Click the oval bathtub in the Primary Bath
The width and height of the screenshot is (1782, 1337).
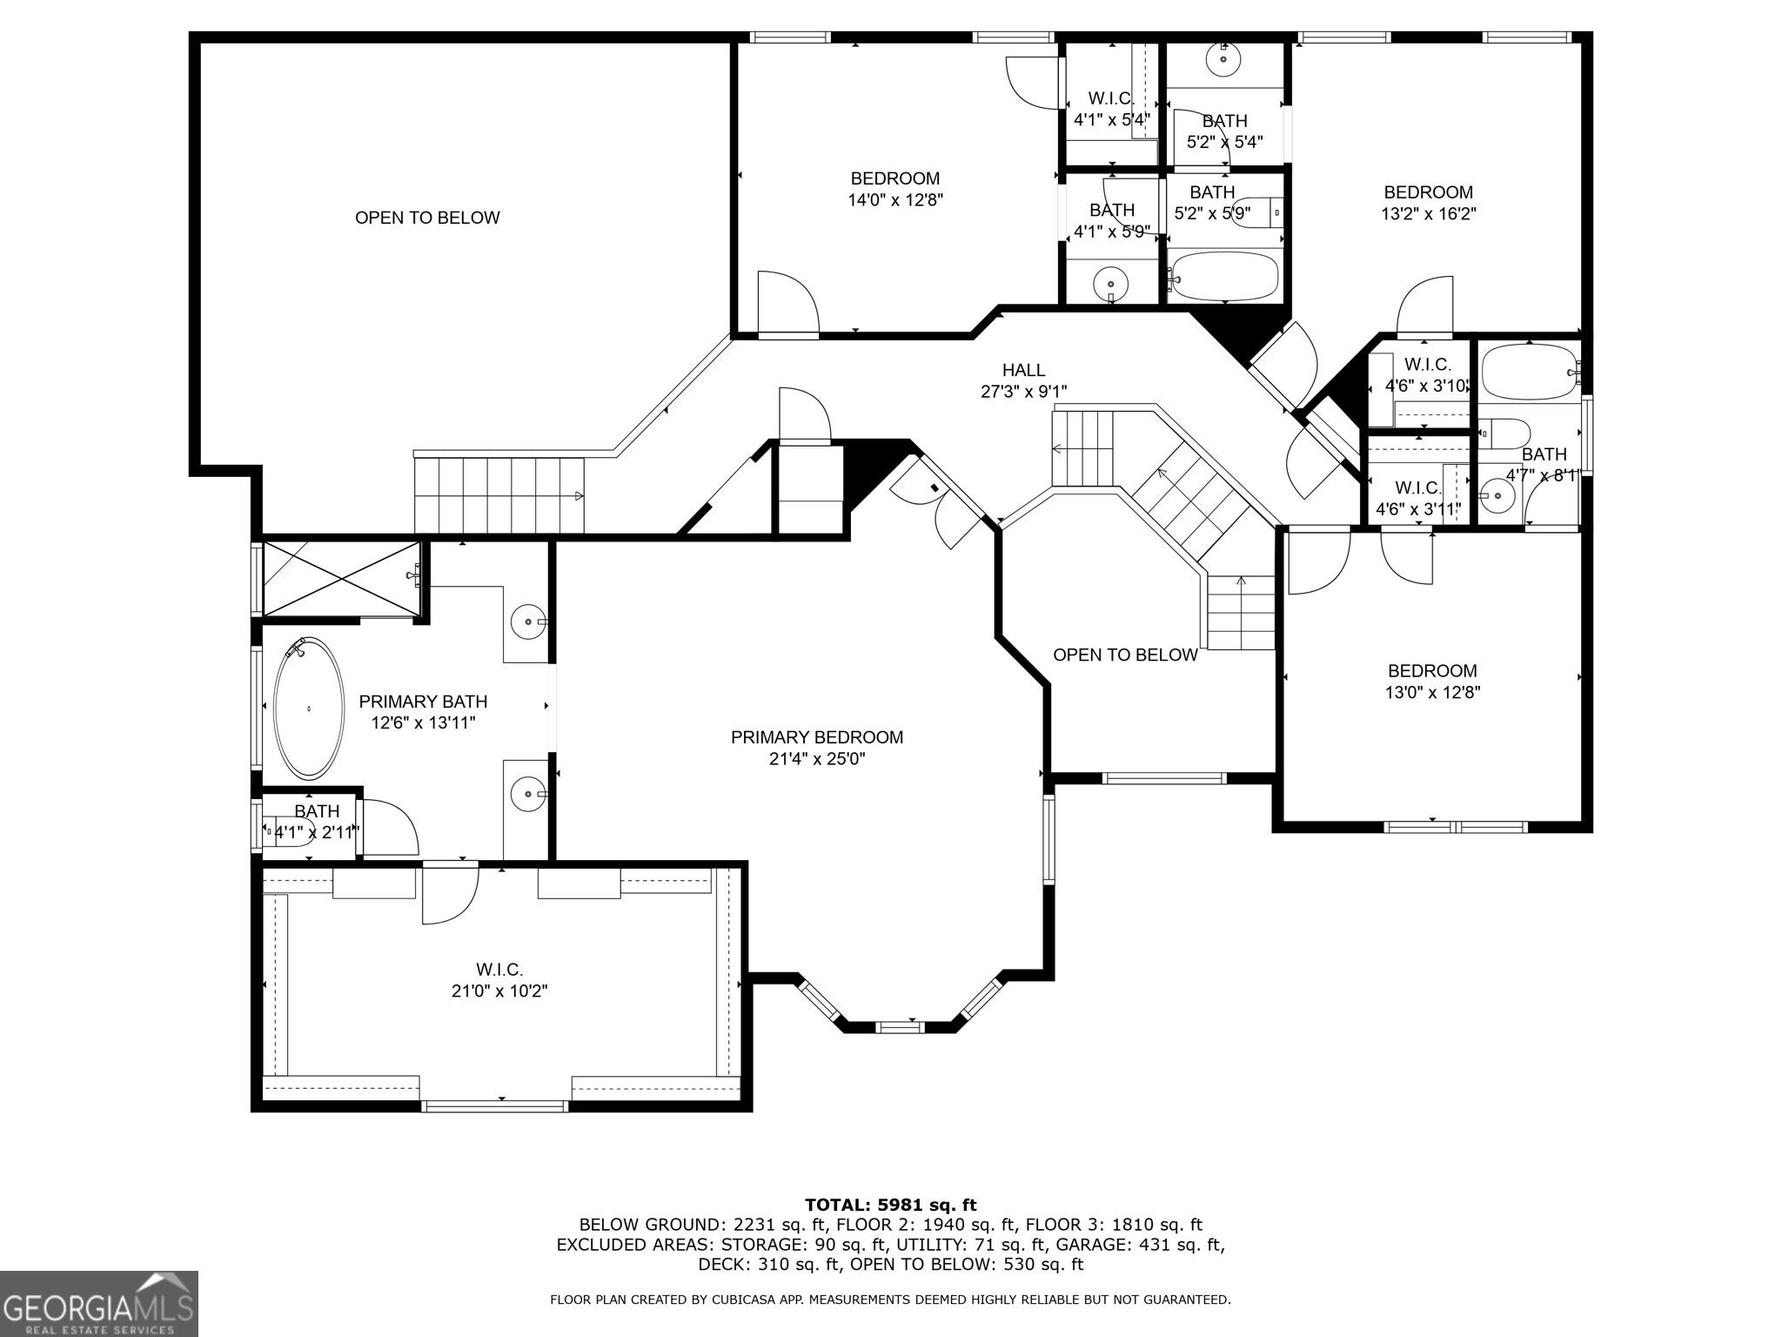[309, 709]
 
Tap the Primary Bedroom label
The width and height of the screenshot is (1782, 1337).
[817, 737]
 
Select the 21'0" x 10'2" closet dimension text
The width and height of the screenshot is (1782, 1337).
[499, 991]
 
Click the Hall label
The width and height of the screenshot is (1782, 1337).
[1023, 370]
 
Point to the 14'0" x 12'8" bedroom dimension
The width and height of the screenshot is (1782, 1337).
[895, 200]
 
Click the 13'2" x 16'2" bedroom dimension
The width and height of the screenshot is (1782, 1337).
[1429, 213]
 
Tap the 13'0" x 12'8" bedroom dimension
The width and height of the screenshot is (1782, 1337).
[1432, 693]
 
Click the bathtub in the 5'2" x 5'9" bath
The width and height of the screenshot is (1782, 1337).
[1224, 276]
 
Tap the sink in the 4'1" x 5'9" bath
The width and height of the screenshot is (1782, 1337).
[1111, 284]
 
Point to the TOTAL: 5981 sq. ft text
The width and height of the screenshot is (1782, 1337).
[891, 1206]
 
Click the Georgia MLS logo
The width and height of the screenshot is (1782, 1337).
[98, 1304]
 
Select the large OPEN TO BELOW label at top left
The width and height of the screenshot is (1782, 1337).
[427, 218]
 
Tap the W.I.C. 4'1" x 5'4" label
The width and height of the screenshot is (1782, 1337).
[1111, 110]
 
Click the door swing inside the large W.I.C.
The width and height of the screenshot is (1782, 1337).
[451, 895]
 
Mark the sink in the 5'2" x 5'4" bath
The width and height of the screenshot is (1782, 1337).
[1223, 59]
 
